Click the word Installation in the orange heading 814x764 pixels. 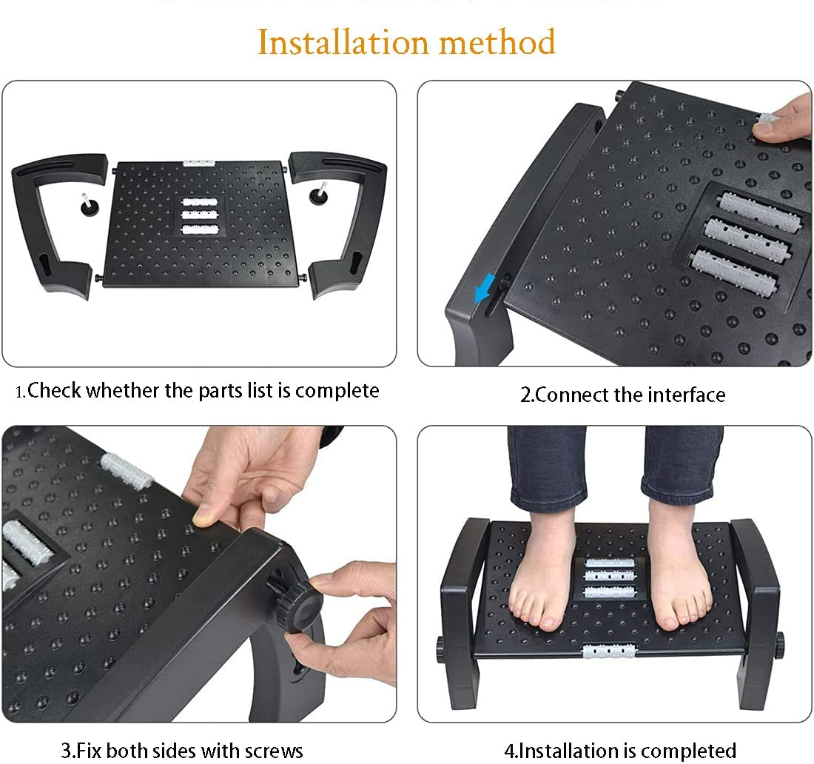[343, 42]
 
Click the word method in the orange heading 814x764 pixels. [497, 42]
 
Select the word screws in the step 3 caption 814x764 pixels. [274, 751]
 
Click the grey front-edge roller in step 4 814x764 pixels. [608, 651]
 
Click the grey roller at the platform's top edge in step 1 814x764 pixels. [199, 163]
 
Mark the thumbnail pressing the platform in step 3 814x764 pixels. [201, 515]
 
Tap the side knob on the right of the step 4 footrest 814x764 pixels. [780, 644]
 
